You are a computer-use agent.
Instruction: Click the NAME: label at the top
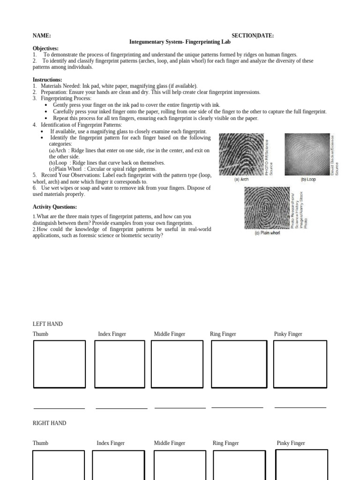pyautogui.click(x=42, y=36)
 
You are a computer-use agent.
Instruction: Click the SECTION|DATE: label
pyautogui.click(x=253, y=36)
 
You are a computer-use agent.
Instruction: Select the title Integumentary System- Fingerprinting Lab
pyautogui.click(x=180, y=42)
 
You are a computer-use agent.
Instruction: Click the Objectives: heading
pyautogui.click(x=45, y=48)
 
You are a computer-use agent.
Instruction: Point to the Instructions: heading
pyautogui.click(x=47, y=80)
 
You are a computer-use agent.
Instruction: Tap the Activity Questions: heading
pyautogui.click(x=55, y=207)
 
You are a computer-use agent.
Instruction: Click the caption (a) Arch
pyautogui.click(x=241, y=180)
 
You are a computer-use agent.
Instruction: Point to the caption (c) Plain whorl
pyautogui.click(x=267, y=232)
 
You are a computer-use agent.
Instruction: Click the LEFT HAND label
pyautogui.click(x=47, y=324)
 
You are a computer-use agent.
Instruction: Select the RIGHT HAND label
pyautogui.click(x=49, y=423)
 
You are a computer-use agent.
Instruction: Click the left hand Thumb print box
pyautogui.click(x=60, y=364)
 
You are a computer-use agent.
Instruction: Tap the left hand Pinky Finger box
pyautogui.click(x=300, y=364)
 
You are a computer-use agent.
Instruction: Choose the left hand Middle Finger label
pyautogui.click(x=170, y=334)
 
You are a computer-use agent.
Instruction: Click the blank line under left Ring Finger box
pyautogui.click(x=237, y=407)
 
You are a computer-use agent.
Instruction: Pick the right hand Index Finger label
pyautogui.click(x=111, y=443)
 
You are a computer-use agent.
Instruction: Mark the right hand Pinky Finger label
pyautogui.click(x=291, y=443)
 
